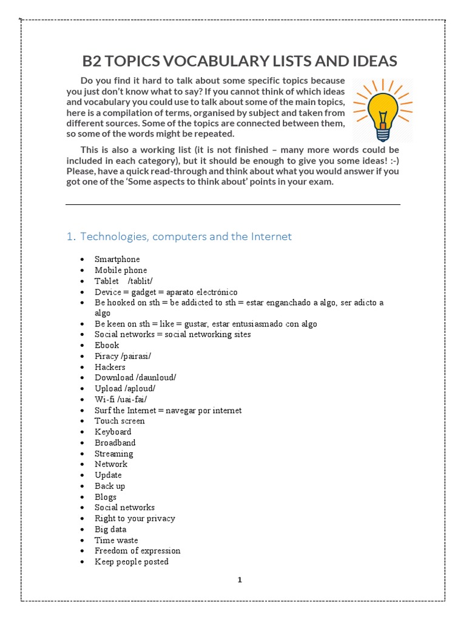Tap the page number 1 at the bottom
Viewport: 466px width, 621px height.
pyautogui.click(x=240, y=580)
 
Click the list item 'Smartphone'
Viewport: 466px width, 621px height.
pyautogui.click(x=117, y=260)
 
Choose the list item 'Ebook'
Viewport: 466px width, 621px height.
pyautogui.click(x=107, y=345)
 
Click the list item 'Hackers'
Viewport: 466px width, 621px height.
pyautogui.click(x=110, y=367)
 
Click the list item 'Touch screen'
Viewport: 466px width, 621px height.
pyautogui.click(x=120, y=421)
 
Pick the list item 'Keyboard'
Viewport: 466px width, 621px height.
pyautogui.click(x=113, y=432)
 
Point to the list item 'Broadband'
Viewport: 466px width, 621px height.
pyautogui.click(x=115, y=443)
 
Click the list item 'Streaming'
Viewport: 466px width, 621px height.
pyautogui.click(x=113, y=454)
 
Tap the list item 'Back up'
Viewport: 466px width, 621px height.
pyautogui.click(x=110, y=486)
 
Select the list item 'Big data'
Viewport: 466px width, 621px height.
pyautogui.click(x=110, y=529)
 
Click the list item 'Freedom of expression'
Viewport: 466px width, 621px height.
pyautogui.click(x=137, y=551)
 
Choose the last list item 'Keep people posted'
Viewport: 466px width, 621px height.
pyautogui.click(x=132, y=562)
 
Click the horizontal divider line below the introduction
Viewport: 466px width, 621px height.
pyautogui.click(x=233, y=205)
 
